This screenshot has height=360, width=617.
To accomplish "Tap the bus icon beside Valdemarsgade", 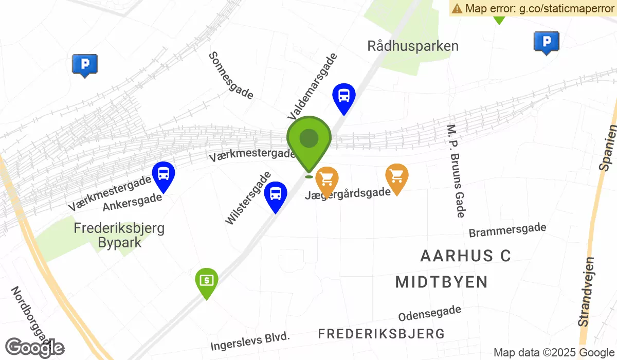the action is coord(343,96).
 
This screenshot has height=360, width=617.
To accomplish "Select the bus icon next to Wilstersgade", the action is coord(276,195).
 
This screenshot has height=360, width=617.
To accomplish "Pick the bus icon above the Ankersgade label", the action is coord(164,175).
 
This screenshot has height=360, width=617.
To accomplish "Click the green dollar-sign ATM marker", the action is coord(206,281).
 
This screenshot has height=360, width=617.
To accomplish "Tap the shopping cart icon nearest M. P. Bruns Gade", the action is coord(396,177).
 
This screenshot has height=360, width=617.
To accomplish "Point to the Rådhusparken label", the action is coord(413,46).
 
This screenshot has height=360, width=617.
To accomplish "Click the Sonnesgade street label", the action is coord(231,75).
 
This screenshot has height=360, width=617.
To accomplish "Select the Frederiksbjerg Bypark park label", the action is coord(119,235).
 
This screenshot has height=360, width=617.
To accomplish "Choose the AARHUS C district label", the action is coord(465,256).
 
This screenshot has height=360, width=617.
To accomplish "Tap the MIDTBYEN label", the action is coord(441,282).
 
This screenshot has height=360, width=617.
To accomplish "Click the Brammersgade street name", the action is coord(507,230).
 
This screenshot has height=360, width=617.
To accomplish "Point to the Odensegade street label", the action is coord(429,313).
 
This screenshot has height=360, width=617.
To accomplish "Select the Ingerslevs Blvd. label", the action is coord(250,341).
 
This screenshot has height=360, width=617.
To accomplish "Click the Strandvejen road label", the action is coord(586,292).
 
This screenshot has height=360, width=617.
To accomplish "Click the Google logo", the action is coord(34,348).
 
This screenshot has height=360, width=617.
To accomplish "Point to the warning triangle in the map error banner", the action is coord(457,8).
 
